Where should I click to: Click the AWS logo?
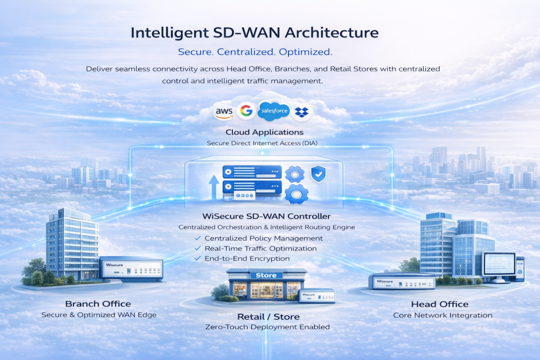224,112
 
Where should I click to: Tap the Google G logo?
246,111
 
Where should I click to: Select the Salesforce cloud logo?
274,111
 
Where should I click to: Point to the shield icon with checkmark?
319,174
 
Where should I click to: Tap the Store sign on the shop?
266,275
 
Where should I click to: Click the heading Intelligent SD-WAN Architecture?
254,33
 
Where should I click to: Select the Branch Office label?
98,304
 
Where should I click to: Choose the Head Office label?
440,304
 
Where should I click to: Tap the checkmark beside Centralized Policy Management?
198,238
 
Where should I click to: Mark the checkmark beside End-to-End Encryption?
198,258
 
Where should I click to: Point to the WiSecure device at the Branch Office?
131,269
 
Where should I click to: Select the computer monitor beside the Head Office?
498,265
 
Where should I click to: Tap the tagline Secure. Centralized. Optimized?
255,52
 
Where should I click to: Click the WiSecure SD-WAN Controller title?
267,216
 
